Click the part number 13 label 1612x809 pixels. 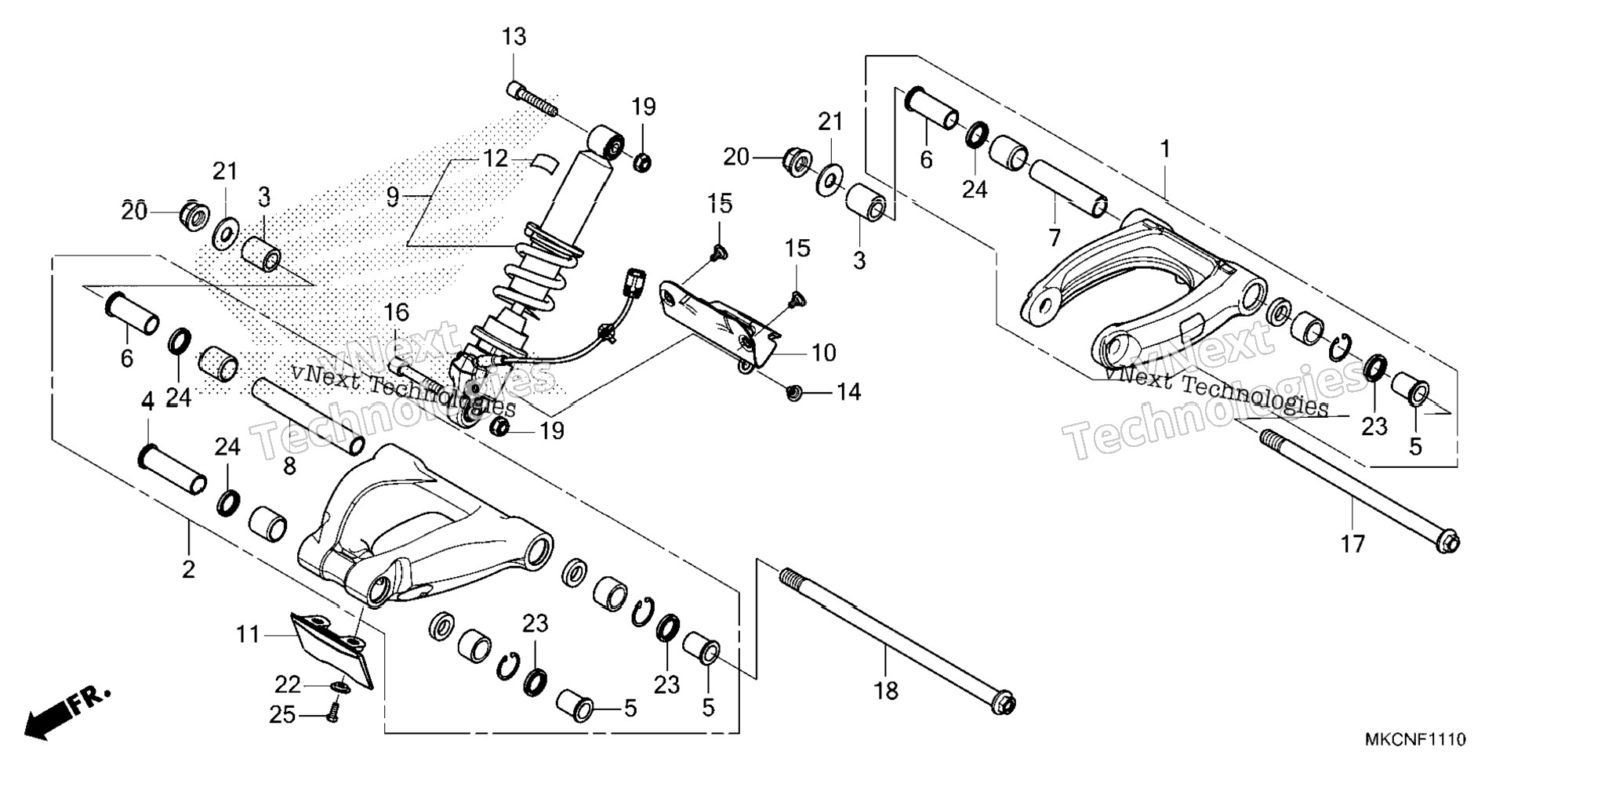(514, 37)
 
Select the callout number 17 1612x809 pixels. (1352, 543)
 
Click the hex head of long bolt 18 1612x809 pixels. (1003, 702)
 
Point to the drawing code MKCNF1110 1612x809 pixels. (1415, 739)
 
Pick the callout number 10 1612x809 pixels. (823, 354)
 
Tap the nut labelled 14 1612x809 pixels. (794, 391)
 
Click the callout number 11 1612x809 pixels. (248, 634)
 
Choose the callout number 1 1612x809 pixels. (1165, 149)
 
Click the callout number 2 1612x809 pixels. (188, 570)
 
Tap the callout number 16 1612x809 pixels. (397, 313)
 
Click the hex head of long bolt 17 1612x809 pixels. (1448, 542)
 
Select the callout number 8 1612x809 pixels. (289, 466)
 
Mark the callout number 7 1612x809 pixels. (1055, 238)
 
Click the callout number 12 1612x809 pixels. (496, 159)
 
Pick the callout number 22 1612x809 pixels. (287, 685)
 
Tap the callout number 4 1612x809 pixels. (147, 403)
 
